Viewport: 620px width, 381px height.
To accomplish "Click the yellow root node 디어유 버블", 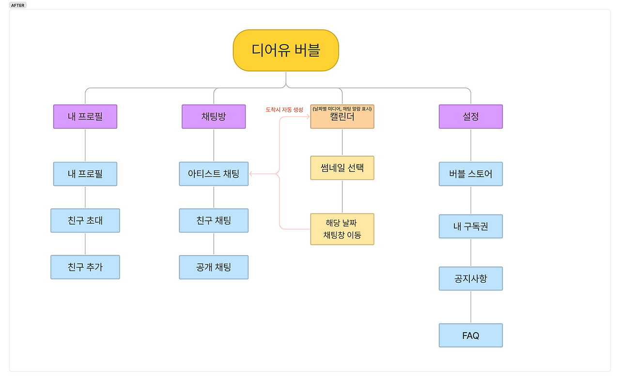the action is click(x=286, y=50).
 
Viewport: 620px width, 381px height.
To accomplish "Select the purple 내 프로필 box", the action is click(x=85, y=117).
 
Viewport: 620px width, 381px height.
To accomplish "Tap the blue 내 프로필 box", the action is click(x=85, y=174).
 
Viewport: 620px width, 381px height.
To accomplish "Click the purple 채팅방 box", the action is click(x=214, y=117).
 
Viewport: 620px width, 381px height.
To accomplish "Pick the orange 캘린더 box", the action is click(x=342, y=117).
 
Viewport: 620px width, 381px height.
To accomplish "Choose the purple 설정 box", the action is click(x=470, y=117).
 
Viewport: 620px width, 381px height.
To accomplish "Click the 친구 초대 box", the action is click(x=85, y=221).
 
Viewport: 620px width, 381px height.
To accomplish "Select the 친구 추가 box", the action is click(x=85, y=267).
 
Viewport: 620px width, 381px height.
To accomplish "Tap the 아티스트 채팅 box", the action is click(x=214, y=174).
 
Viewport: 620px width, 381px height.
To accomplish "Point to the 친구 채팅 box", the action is click(x=214, y=221).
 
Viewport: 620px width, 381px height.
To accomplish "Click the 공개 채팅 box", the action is click(x=214, y=267).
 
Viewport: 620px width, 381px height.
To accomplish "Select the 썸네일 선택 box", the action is click(x=342, y=168).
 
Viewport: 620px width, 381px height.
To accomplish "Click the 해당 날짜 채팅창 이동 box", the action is click(x=342, y=229).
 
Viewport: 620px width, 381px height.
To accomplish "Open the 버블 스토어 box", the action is click(x=470, y=174).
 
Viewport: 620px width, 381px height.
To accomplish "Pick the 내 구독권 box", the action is click(x=470, y=227).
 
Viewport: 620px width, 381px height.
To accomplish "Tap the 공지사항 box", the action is click(x=470, y=279).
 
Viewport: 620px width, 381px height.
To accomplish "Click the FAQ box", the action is click(x=470, y=335).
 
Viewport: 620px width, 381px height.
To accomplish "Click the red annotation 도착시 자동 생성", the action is click(x=284, y=110).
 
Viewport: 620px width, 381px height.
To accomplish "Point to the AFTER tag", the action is click(x=18, y=5).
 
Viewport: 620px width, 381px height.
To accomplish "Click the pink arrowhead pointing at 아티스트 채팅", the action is click(x=251, y=174).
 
